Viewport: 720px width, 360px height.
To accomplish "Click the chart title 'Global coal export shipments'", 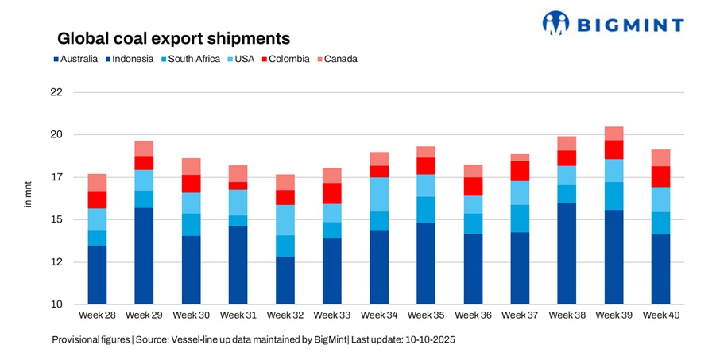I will click(172, 38).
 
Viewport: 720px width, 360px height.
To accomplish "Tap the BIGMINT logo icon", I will click(556, 22).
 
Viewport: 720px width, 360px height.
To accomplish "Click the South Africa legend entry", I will click(187, 59).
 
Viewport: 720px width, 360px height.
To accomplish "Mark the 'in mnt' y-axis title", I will click(29, 196).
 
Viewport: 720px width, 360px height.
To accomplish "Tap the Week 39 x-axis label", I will click(614, 316).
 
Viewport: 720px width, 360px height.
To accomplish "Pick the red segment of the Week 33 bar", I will click(331, 193).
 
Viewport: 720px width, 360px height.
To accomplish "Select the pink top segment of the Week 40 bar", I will click(660, 157).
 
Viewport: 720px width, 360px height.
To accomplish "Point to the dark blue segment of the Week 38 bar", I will click(567, 254).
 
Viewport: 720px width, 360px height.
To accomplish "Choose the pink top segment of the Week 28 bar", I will click(97, 182).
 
